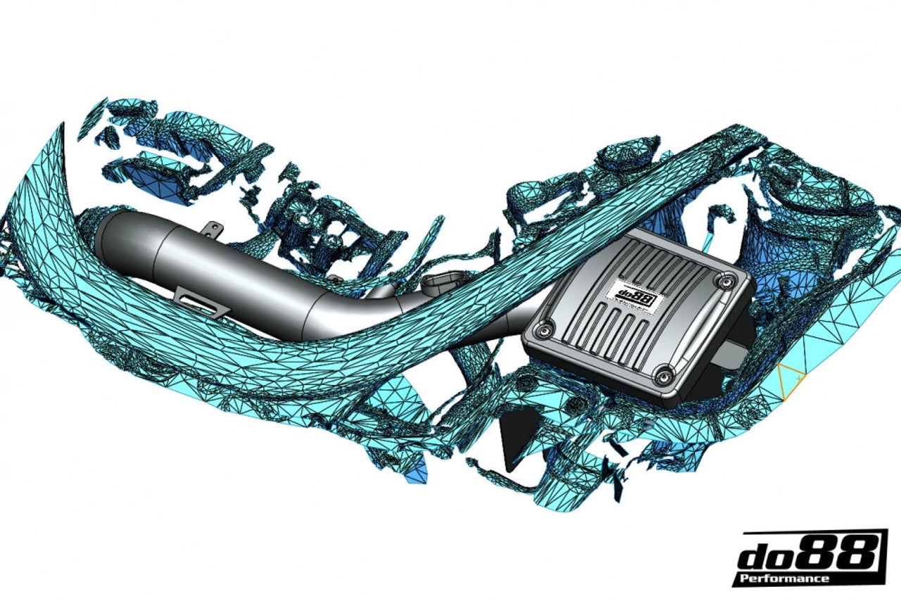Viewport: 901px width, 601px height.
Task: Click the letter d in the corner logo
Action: pos(756,557)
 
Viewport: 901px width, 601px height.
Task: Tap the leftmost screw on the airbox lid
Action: pos(543,329)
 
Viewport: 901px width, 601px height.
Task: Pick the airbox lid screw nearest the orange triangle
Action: pos(662,377)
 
